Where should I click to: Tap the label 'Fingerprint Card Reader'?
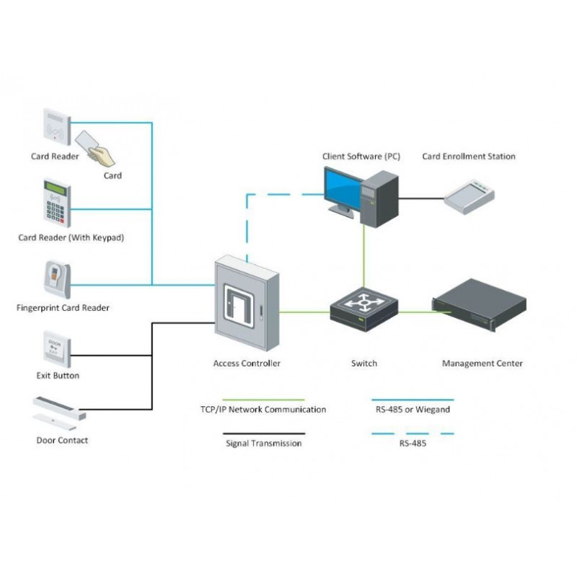coord(63,308)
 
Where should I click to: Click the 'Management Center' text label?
coord(482,364)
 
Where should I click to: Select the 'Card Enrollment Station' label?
coord(469,156)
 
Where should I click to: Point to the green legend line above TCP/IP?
coord(263,400)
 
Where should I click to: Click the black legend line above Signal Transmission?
coord(263,434)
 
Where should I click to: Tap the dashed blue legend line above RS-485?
coord(412,434)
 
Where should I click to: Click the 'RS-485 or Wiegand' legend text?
coord(412,410)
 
